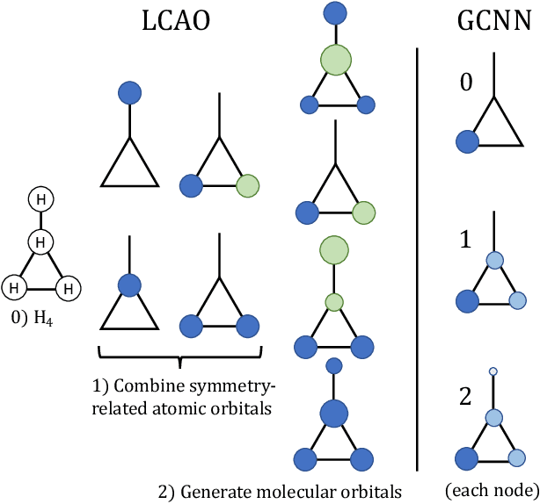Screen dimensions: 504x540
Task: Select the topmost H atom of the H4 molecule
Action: pyautogui.click(x=40, y=199)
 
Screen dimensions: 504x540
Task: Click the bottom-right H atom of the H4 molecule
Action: pyautogui.click(x=69, y=286)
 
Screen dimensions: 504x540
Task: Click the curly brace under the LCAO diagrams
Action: pyautogui.click(x=180, y=356)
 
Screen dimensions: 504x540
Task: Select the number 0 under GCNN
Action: pyautogui.click(x=467, y=83)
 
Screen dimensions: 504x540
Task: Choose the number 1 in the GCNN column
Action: pyautogui.click(x=468, y=239)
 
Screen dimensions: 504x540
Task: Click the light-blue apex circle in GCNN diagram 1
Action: pyautogui.click(x=493, y=259)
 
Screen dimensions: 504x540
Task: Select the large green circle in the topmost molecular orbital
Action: pyautogui.click(x=334, y=61)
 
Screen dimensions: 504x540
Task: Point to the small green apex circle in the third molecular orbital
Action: pyautogui.click(x=333, y=302)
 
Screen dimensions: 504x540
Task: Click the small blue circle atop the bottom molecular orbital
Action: pyautogui.click(x=333, y=364)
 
